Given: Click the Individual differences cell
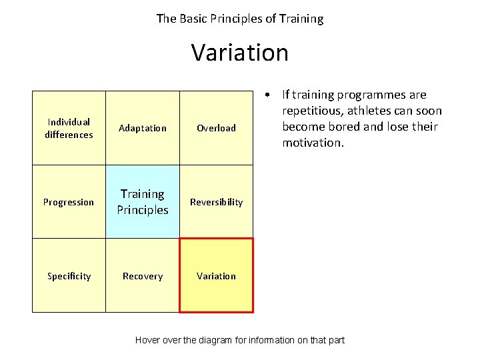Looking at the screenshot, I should tap(69, 128).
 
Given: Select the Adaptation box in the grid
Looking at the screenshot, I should tap(143, 128).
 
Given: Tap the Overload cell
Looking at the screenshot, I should tap(216, 128).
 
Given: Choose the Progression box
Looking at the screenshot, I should tap(69, 202).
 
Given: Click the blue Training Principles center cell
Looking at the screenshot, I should tap(143, 202).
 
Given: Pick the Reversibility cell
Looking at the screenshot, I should tap(216, 202).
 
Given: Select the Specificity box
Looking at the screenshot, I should tap(69, 275).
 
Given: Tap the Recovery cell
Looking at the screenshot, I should tap(143, 275).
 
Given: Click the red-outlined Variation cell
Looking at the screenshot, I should tap(216, 275).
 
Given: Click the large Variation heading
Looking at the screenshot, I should tap(240, 52).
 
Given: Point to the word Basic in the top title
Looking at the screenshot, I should tap(194, 19).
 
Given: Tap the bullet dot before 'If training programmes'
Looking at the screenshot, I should tap(266, 95).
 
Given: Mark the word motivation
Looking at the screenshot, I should tap(311, 143).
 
